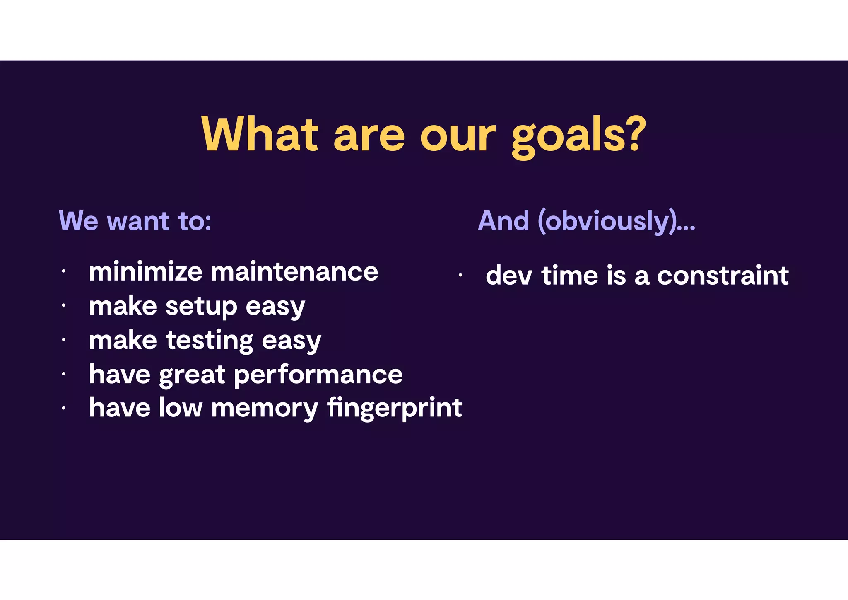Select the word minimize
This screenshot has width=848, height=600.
(146, 272)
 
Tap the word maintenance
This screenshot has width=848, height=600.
(294, 272)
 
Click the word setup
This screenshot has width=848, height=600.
(201, 307)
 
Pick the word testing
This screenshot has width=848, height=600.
(209, 341)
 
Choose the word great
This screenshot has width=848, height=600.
(192, 375)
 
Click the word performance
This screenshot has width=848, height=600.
(318, 375)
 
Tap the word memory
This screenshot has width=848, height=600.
(264, 409)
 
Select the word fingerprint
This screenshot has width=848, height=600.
(394, 409)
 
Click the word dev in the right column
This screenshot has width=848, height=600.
(509, 276)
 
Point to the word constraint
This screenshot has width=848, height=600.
(723, 276)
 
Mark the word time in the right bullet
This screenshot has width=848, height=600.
(570, 276)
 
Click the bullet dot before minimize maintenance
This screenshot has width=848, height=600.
(63, 272)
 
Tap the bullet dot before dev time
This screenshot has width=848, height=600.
(460, 275)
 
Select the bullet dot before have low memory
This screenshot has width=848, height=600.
(63, 408)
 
